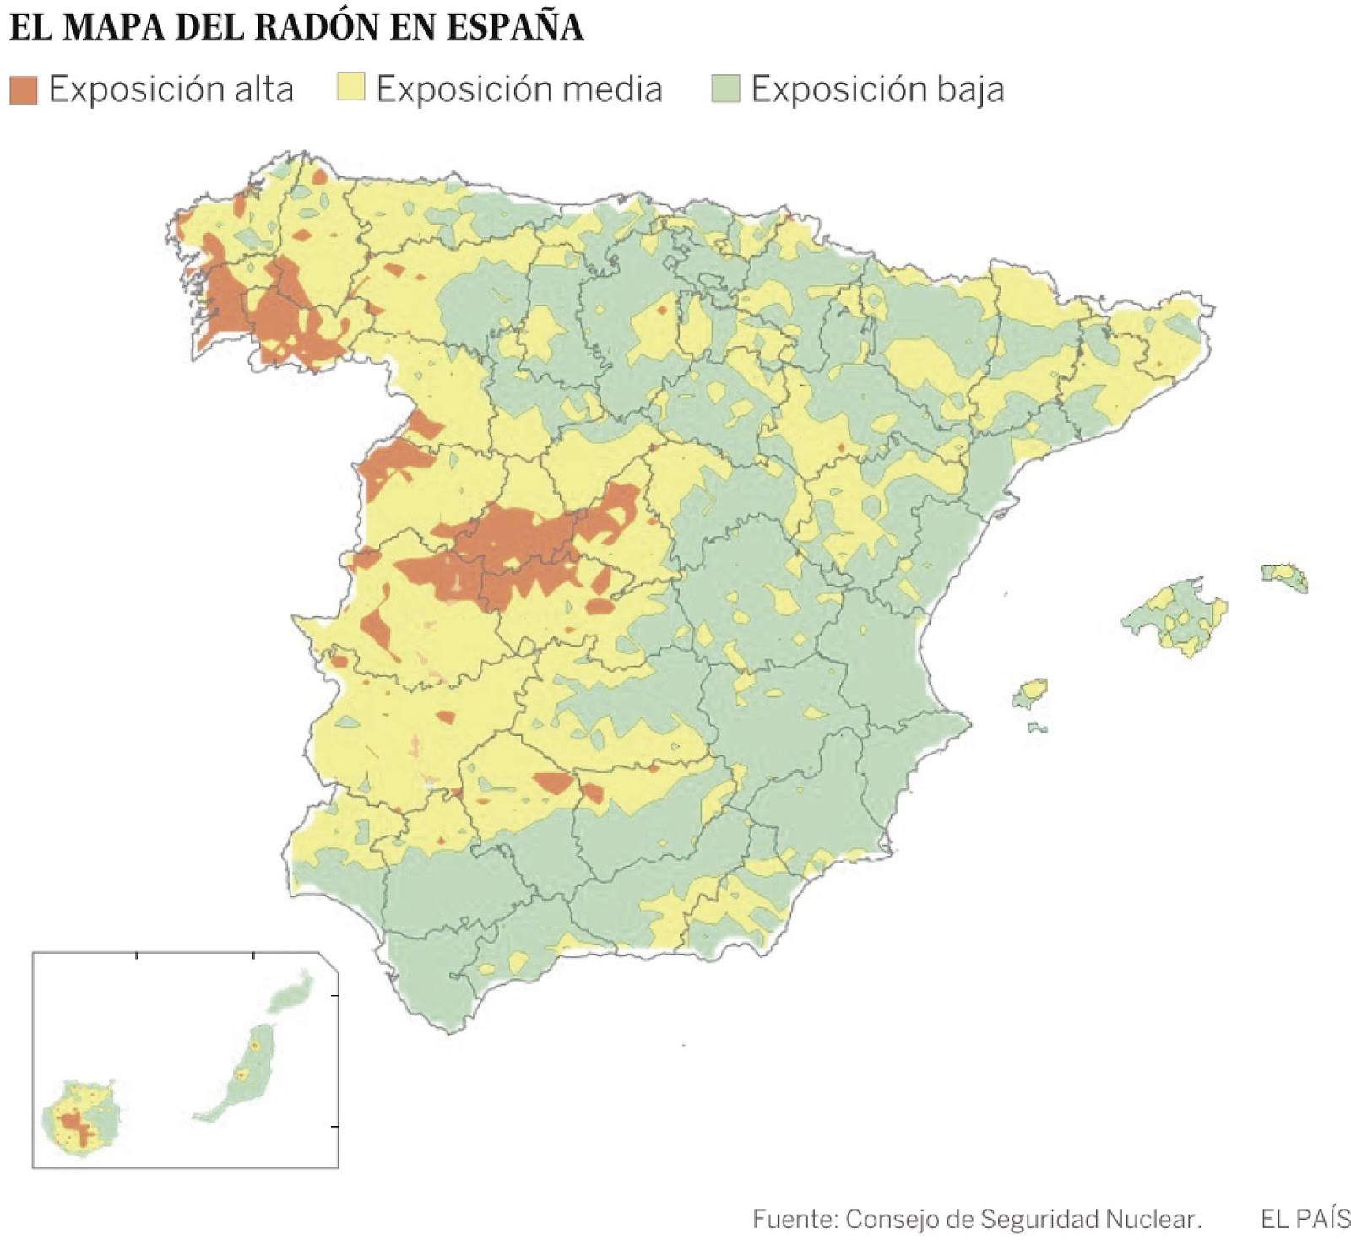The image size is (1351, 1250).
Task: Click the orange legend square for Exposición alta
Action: coord(24,89)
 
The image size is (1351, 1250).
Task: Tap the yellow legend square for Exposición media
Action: coord(350,88)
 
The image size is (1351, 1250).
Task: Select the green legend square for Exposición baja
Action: coord(725,88)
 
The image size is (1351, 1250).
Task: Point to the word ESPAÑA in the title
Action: coord(514,27)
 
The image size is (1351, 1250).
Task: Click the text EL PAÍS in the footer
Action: coord(1305,1219)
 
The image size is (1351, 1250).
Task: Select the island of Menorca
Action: coord(1286,576)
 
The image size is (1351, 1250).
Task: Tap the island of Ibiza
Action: coord(1031,693)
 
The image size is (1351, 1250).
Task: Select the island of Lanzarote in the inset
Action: coord(292,993)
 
